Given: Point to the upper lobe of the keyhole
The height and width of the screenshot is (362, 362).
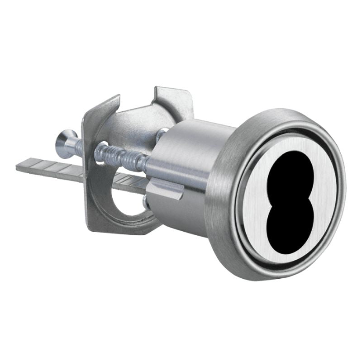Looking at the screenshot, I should pyautogui.click(x=289, y=172).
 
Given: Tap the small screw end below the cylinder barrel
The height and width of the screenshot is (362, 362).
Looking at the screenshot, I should pyautogui.click(x=146, y=203).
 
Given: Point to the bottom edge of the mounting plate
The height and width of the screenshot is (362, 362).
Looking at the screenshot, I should pyautogui.click(x=122, y=229).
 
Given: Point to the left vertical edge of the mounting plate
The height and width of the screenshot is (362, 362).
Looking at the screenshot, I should pyautogui.click(x=86, y=181).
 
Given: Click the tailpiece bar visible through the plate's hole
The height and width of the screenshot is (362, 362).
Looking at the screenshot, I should pyautogui.click(x=131, y=186).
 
